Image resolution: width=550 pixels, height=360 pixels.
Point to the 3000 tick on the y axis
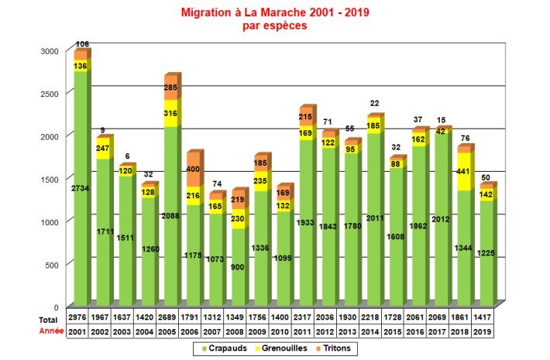[x=50, y=50]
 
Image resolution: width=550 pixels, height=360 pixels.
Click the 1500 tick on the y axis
[x=50, y=179]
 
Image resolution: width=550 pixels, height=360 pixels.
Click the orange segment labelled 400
[x=193, y=169]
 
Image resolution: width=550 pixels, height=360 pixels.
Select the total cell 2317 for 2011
[x=306, y=319]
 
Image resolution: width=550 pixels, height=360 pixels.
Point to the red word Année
[x=50, y=331]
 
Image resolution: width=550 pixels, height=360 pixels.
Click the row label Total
[x=49, y=319]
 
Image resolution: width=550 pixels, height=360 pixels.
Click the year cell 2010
[x=283, y=331]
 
